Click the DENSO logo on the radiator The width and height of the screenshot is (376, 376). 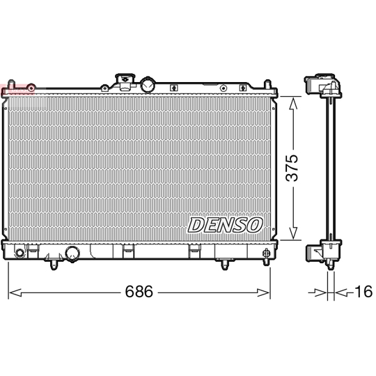click(x=226, y=225)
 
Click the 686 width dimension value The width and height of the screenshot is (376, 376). click(x=139, y=292)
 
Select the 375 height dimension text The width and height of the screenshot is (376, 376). click(x=295, y=167)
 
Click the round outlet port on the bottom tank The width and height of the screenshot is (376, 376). click(x=72, y=253)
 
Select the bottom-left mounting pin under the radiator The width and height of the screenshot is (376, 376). click(x=53, y=264)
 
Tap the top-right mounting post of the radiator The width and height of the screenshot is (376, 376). click(x=267, y=84)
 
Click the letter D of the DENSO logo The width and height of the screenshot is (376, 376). click(x=196, y=225)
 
